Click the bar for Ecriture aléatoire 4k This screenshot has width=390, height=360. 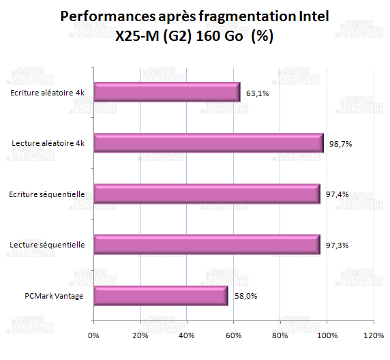coord(166,92)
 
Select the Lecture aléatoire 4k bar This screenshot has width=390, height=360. coord(208,143)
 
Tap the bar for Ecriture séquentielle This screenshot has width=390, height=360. coord(206,194)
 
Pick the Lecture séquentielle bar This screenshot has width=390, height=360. coord(206,244)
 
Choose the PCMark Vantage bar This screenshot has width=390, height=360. coord(160,295)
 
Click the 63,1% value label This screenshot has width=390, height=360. coord(257,93)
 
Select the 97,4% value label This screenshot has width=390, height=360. coord(337,194)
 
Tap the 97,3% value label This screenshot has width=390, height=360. coord(337,245)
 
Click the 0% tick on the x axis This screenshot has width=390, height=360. coord(94,335)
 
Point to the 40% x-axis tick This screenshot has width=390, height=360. coord(187,335)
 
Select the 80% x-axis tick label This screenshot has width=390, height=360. coord(280,335)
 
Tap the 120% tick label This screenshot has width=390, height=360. coord(374,335)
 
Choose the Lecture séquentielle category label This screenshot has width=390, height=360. coord(48,245)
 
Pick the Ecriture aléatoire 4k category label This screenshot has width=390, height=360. coord(48,93)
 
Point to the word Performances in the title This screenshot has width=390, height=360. coord(100,16)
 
